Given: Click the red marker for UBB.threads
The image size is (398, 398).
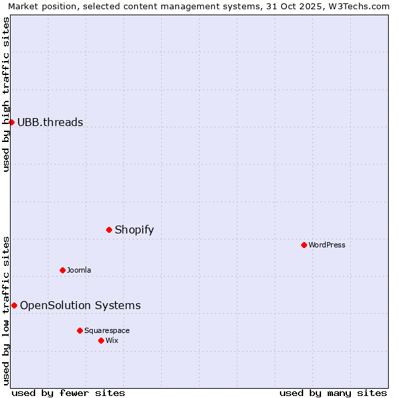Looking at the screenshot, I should coord(11,122).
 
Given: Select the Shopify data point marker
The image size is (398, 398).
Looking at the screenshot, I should coord(109,230).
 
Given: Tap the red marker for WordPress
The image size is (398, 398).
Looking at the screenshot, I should coord(304,245).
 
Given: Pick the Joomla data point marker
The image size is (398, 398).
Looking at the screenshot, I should coord(62,270).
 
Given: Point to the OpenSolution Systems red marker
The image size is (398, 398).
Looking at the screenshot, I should coord(14,305).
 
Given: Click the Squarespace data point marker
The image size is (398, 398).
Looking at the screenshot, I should coord(80,330).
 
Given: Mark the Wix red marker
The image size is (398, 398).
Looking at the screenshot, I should coord(101,340).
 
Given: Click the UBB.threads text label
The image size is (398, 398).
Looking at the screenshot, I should coord(50,122).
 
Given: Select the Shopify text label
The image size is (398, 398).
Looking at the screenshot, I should coord(135,230).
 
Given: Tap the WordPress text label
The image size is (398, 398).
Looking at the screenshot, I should coord(327,245).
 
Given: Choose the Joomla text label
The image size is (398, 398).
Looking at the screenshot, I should coord(79,270).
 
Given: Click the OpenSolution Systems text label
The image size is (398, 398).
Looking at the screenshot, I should coord(80,305).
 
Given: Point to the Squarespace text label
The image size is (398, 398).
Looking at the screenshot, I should coord(107,330).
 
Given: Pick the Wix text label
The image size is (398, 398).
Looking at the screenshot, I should coord(112,340).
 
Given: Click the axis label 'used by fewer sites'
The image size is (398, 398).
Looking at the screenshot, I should coord(68,393).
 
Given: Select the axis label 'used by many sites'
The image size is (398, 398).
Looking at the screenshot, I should coord(333,393).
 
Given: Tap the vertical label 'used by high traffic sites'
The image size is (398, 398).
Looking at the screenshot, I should coord(6,94).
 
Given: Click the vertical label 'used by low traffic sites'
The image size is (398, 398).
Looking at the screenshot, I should coord(6,310).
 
